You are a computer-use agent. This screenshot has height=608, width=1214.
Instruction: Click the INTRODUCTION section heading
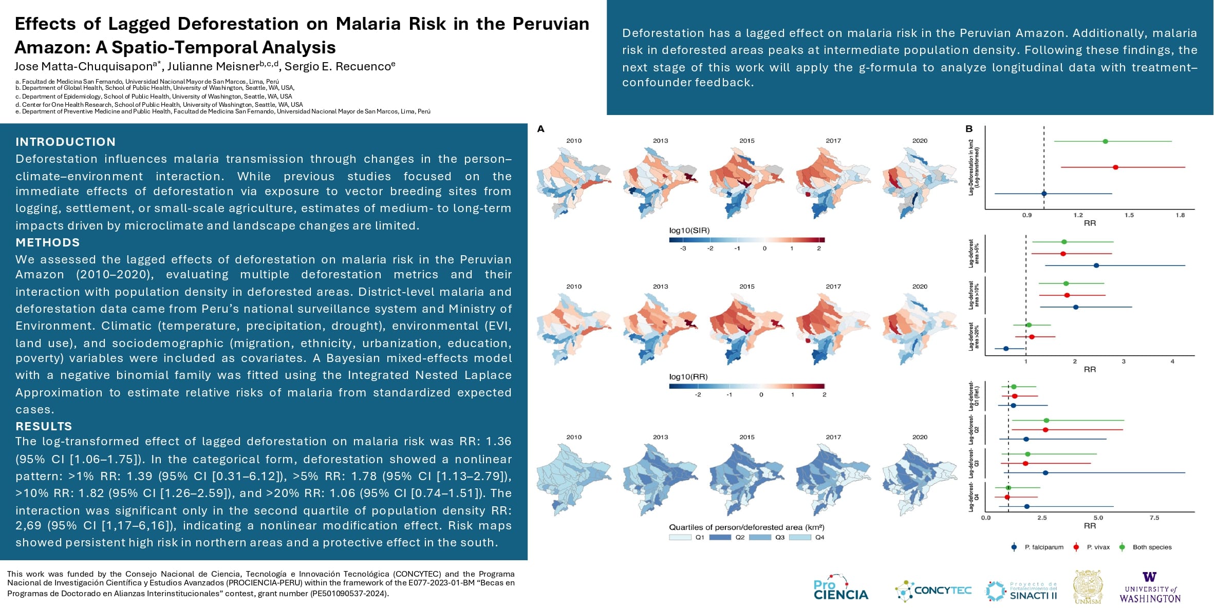click(x=65, y=142)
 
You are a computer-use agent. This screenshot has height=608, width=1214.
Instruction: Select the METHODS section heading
click(x=47, y=242)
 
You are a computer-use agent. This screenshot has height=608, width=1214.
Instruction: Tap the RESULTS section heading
click(x=44, y=426)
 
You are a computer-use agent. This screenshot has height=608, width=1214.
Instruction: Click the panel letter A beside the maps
click(x=540, y=129)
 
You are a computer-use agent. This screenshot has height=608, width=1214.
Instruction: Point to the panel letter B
click(x=969, y=129)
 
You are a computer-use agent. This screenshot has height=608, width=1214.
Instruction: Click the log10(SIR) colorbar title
click(x=689, y=231)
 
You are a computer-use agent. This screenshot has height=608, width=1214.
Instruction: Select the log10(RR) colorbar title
click(x=688, y=377)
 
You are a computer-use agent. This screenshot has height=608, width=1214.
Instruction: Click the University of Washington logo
click(x=1150, y=587)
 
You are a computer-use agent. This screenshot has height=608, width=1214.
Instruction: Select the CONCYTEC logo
click(x=933, y=591)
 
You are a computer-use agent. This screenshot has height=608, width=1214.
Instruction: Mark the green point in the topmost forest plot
click(x=1105, y=141)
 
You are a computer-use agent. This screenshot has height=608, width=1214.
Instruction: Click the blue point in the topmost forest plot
click(x=1043, y=194)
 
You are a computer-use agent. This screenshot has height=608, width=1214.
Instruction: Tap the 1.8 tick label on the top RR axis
click(x=1180, y=215)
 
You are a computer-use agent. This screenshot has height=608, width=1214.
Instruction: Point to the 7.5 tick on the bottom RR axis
click(x=1154, y=518)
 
